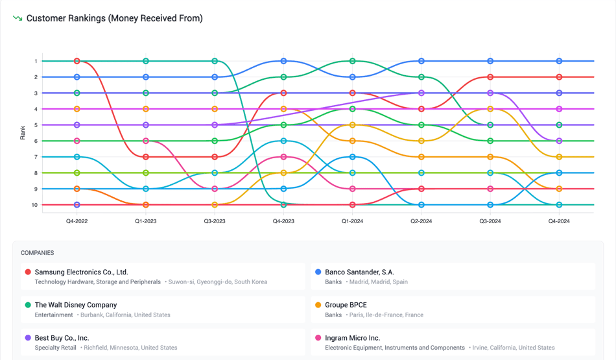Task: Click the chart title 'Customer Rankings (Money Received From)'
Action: [114, 18]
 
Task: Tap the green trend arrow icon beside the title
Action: [18, 18]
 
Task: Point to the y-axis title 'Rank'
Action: [23, 133]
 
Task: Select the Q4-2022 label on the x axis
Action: [77, 221]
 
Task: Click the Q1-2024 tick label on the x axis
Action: [352, 221]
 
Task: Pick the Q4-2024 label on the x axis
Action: [559, 221]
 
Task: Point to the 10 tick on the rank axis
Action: [35, 205]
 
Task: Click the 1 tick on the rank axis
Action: [36, 61]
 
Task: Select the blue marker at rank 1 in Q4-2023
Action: [283, 61]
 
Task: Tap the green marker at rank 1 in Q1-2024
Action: [353, 61]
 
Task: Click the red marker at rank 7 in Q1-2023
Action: [146, 157]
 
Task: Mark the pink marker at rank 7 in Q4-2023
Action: [283, 157]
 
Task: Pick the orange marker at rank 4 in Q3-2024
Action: [490, 109]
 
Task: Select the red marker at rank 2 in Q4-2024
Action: [559, 77]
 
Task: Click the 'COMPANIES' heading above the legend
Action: [38, 253]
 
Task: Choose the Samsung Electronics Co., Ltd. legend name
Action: [81, 272]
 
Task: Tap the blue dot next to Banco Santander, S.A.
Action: [318, 272]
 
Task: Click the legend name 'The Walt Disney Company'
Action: [76, 305]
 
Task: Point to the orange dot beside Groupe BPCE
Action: [318, 305]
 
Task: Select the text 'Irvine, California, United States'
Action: [512, 348]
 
